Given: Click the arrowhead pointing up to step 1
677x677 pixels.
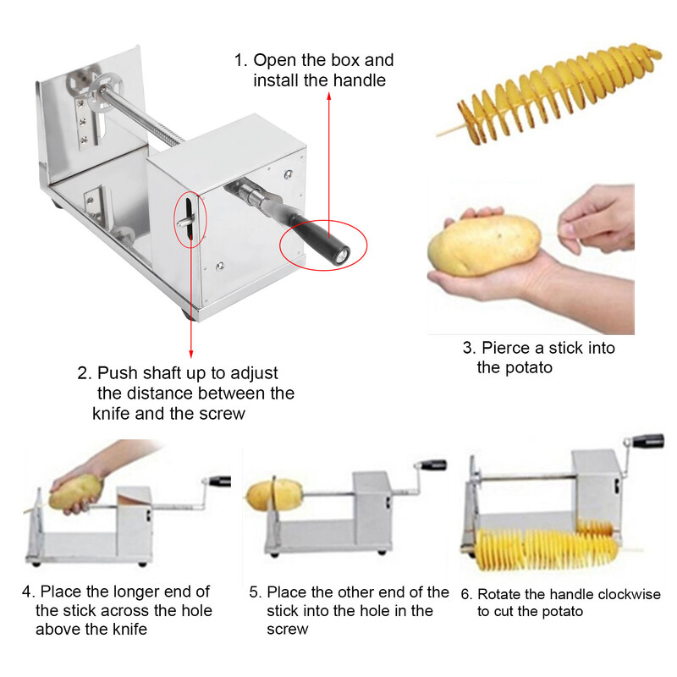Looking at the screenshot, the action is point(329,96).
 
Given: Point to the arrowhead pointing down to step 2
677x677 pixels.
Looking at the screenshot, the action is point(191,353).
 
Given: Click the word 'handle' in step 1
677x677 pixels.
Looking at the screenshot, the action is point(359,80).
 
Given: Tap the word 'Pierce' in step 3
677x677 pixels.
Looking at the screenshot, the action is point(506,348).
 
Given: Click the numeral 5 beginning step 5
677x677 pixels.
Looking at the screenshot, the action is point(253,592).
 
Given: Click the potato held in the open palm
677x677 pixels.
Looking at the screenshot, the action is point(483,245).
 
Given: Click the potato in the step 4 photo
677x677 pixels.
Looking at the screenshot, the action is point(76,493).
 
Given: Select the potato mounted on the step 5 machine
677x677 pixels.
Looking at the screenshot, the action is point(274,497).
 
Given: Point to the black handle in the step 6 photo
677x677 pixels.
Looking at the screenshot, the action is point(648,440).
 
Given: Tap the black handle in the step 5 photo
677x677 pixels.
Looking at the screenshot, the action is point(433,465).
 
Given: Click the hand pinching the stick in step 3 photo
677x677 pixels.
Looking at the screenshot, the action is point(596,218).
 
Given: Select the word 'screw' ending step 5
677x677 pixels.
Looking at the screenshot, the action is point(287,630).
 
